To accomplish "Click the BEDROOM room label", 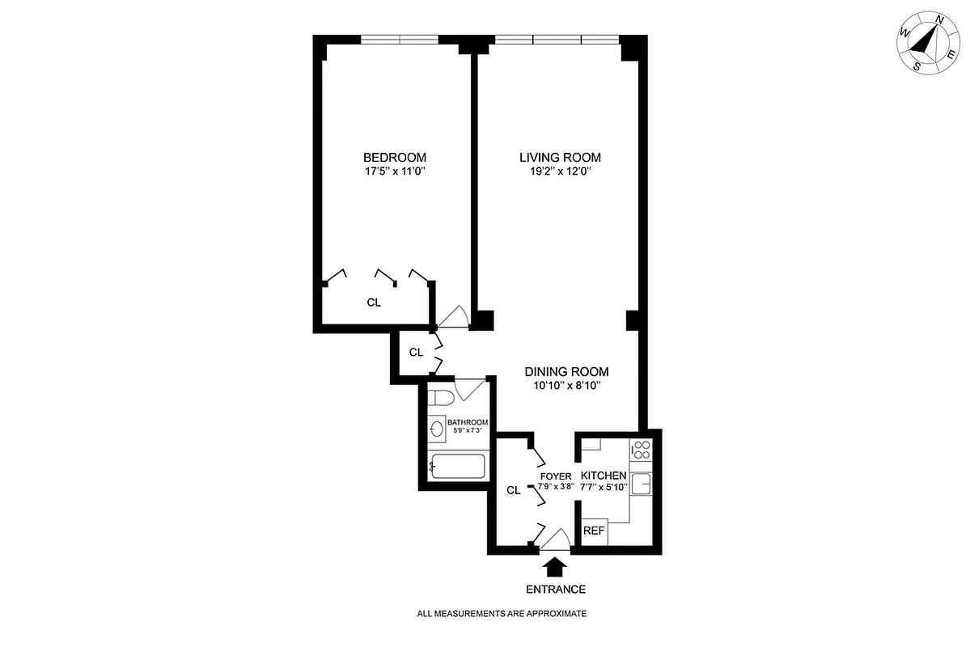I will click(x=394, y=157).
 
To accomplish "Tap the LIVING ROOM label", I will click(x=560, y=157).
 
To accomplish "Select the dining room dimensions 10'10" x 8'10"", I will click(x=566, y=386).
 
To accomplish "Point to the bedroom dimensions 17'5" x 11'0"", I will click(x=394, y=171).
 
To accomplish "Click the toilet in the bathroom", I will click(x=442, y=398).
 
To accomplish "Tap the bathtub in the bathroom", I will click(x=457, y=467).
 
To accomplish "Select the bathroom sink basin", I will click(x=438, y=429).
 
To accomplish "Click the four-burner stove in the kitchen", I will click(x=642, y=450).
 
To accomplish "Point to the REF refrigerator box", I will click(x=594, y=531).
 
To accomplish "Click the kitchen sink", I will click(x=642, y=484).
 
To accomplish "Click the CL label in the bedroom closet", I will click(x=374, y=302).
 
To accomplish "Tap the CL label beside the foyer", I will click(x=513, y=490).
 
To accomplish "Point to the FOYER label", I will click(x=557, y=476).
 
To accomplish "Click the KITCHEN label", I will click(x=603, y=476).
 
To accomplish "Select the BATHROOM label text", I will click(x=468, y=422).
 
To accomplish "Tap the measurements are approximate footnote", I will click(x=502, y=614).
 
